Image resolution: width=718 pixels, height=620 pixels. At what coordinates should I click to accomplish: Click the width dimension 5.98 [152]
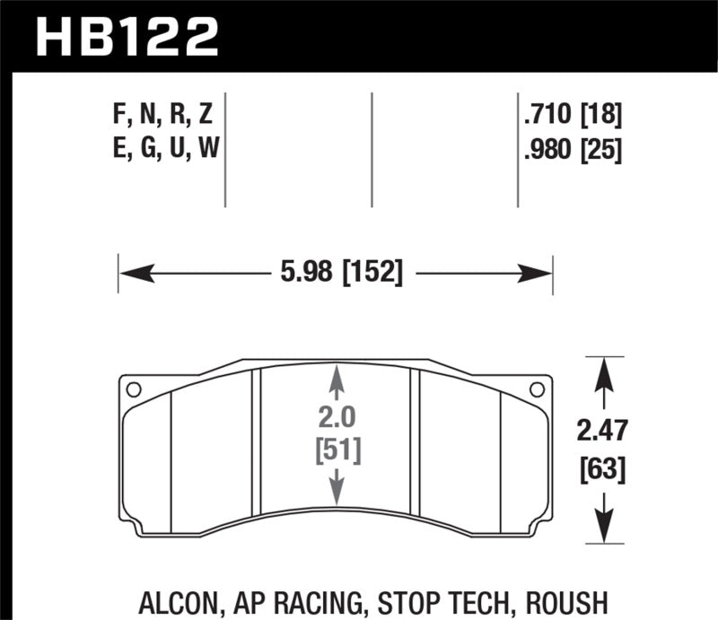pos(336,272)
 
